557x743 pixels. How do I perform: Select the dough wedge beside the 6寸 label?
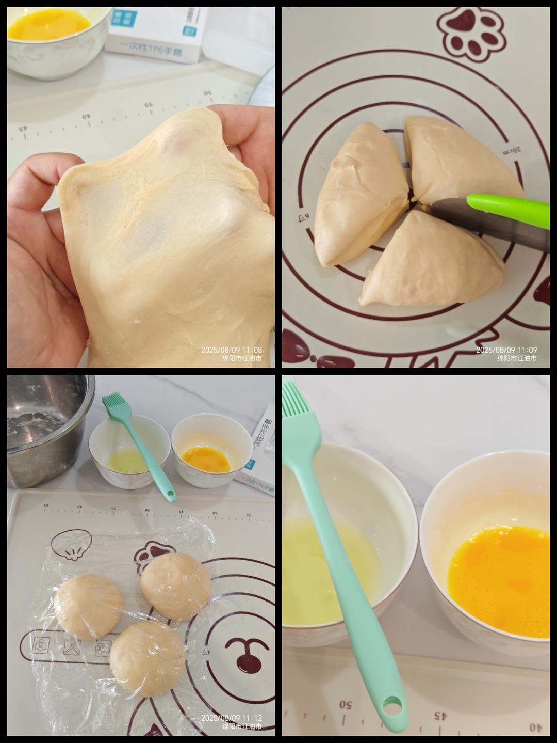pos(361,196)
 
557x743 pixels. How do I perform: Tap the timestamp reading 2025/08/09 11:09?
pos(506,350)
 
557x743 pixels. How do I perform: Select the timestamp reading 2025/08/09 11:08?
pos(232,350)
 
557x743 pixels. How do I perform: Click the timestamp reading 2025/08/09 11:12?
pos(232,718)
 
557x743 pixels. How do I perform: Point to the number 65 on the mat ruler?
pos(45,506)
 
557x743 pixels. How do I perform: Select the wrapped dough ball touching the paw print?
pos(176,586)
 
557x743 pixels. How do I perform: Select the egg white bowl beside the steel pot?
pos(129,452)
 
